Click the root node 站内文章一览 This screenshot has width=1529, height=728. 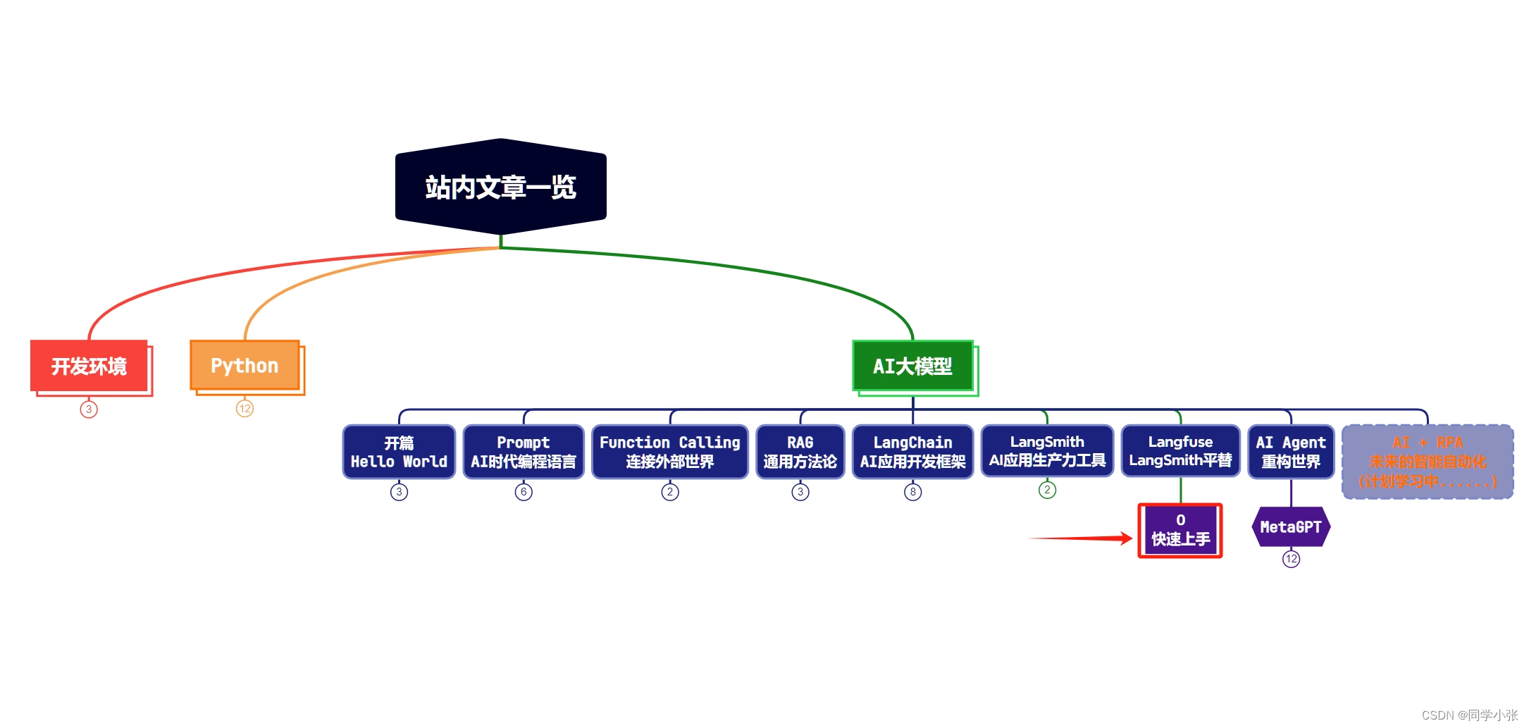pos(500,187)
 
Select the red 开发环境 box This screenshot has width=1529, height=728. pos(89,366)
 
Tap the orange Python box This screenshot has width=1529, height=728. pos(245,366)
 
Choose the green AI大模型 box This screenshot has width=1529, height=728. pos(912,366)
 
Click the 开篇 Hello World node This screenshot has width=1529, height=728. pos(399,452)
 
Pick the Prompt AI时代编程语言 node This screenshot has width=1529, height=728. pos(524,452)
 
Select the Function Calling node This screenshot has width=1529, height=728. pos(669,452)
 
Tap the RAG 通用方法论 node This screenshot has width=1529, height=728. pos(800,452)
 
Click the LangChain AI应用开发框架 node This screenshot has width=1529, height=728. pos(912,452)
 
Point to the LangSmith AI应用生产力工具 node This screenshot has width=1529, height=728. pos(1047,451)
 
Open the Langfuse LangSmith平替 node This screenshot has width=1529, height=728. pos(1180,451)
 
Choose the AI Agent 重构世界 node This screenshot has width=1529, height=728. pos(1291,452)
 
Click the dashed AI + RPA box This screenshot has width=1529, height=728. pos(1428,462)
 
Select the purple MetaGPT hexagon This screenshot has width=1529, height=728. pos(1291,527)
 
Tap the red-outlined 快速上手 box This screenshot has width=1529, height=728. pos(1180,531)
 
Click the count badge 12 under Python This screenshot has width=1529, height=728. pos(244,409)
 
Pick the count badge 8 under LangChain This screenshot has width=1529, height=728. pos(912,492)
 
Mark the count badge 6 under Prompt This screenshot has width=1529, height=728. pos(524,492)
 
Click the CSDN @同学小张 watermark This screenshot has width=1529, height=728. pos(1469,715)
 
